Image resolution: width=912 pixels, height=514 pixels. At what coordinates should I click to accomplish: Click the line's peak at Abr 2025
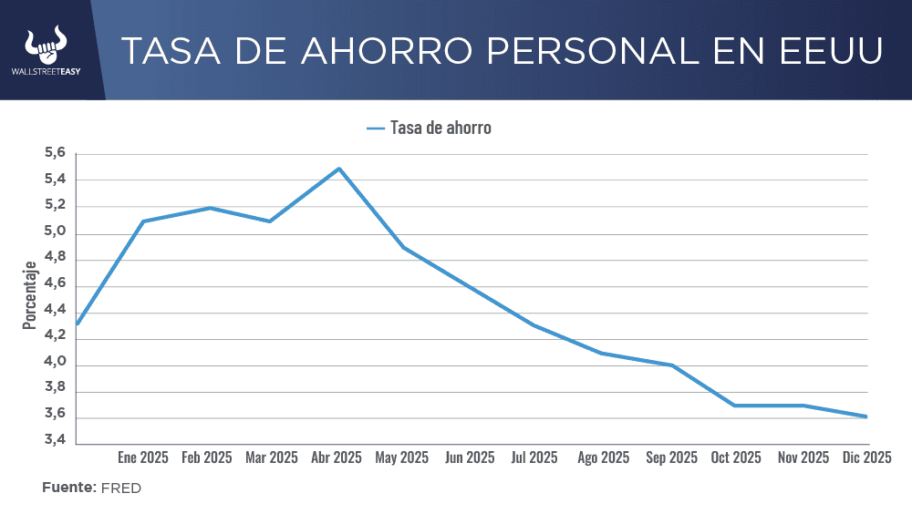point(339,169)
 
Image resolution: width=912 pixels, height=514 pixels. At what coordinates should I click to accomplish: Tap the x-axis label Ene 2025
point(143,457)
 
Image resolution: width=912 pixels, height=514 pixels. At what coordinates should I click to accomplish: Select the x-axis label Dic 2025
point(865,457)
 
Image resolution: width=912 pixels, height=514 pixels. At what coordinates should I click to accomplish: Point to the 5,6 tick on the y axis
point(55,154)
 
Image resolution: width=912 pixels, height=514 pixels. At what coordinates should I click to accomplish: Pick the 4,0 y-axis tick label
point(55,363)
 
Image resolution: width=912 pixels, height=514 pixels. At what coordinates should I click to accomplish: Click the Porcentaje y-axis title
point(30,295)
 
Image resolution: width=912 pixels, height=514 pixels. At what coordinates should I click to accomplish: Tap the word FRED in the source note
point(121,488)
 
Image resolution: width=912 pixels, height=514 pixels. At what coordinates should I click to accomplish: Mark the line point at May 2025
point(404,247)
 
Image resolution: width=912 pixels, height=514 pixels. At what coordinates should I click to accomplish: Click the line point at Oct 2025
point(736,406)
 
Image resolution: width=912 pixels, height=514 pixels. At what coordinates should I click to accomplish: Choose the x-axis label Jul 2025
point(533,457)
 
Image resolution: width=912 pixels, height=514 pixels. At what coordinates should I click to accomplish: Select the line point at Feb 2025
point(210,208)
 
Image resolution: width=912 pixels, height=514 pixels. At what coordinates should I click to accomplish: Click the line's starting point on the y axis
point(78,324)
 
